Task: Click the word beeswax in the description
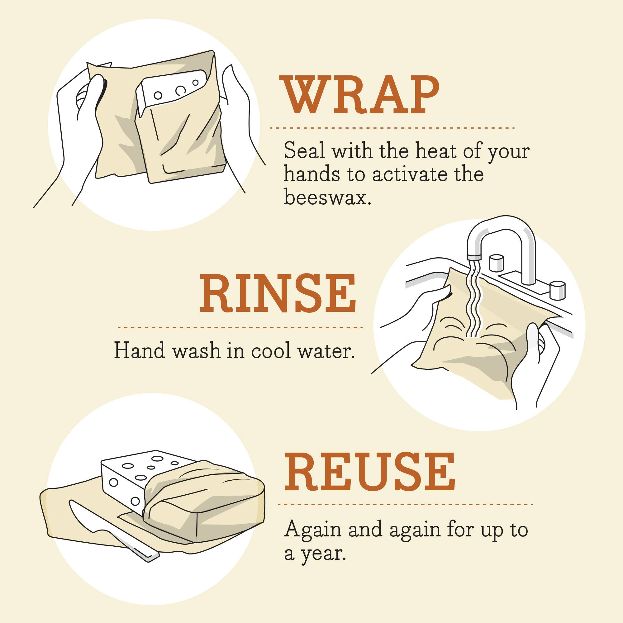[327, 197]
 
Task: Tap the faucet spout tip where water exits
[474, 258]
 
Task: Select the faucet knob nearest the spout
[496, 263]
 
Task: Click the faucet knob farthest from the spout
[557, 290]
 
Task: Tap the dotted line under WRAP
[392, 128]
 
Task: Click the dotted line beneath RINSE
[240, 328]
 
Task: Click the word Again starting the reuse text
[312, 530]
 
